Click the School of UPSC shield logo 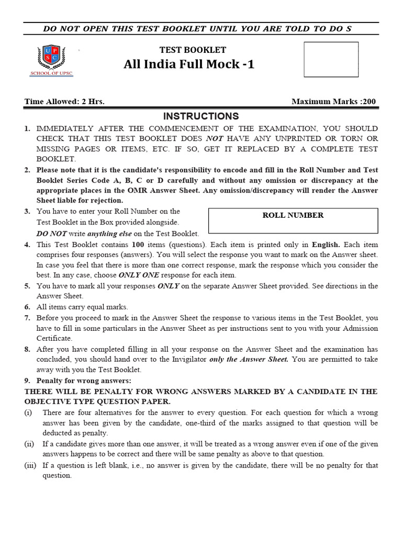coord(51,58)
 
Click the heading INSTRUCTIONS coord(201,116)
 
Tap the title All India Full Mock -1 coord(189,64)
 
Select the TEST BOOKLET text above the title coord(193,50)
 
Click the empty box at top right coord(331,59)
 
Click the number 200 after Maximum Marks coord(368,102)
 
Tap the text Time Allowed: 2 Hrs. coord(64,102)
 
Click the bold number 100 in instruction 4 coord(138,244)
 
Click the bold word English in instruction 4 coord(326,244)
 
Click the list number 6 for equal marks coord(27,307)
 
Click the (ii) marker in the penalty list coord(29,444)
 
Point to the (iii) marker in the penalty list coord(30,465)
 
